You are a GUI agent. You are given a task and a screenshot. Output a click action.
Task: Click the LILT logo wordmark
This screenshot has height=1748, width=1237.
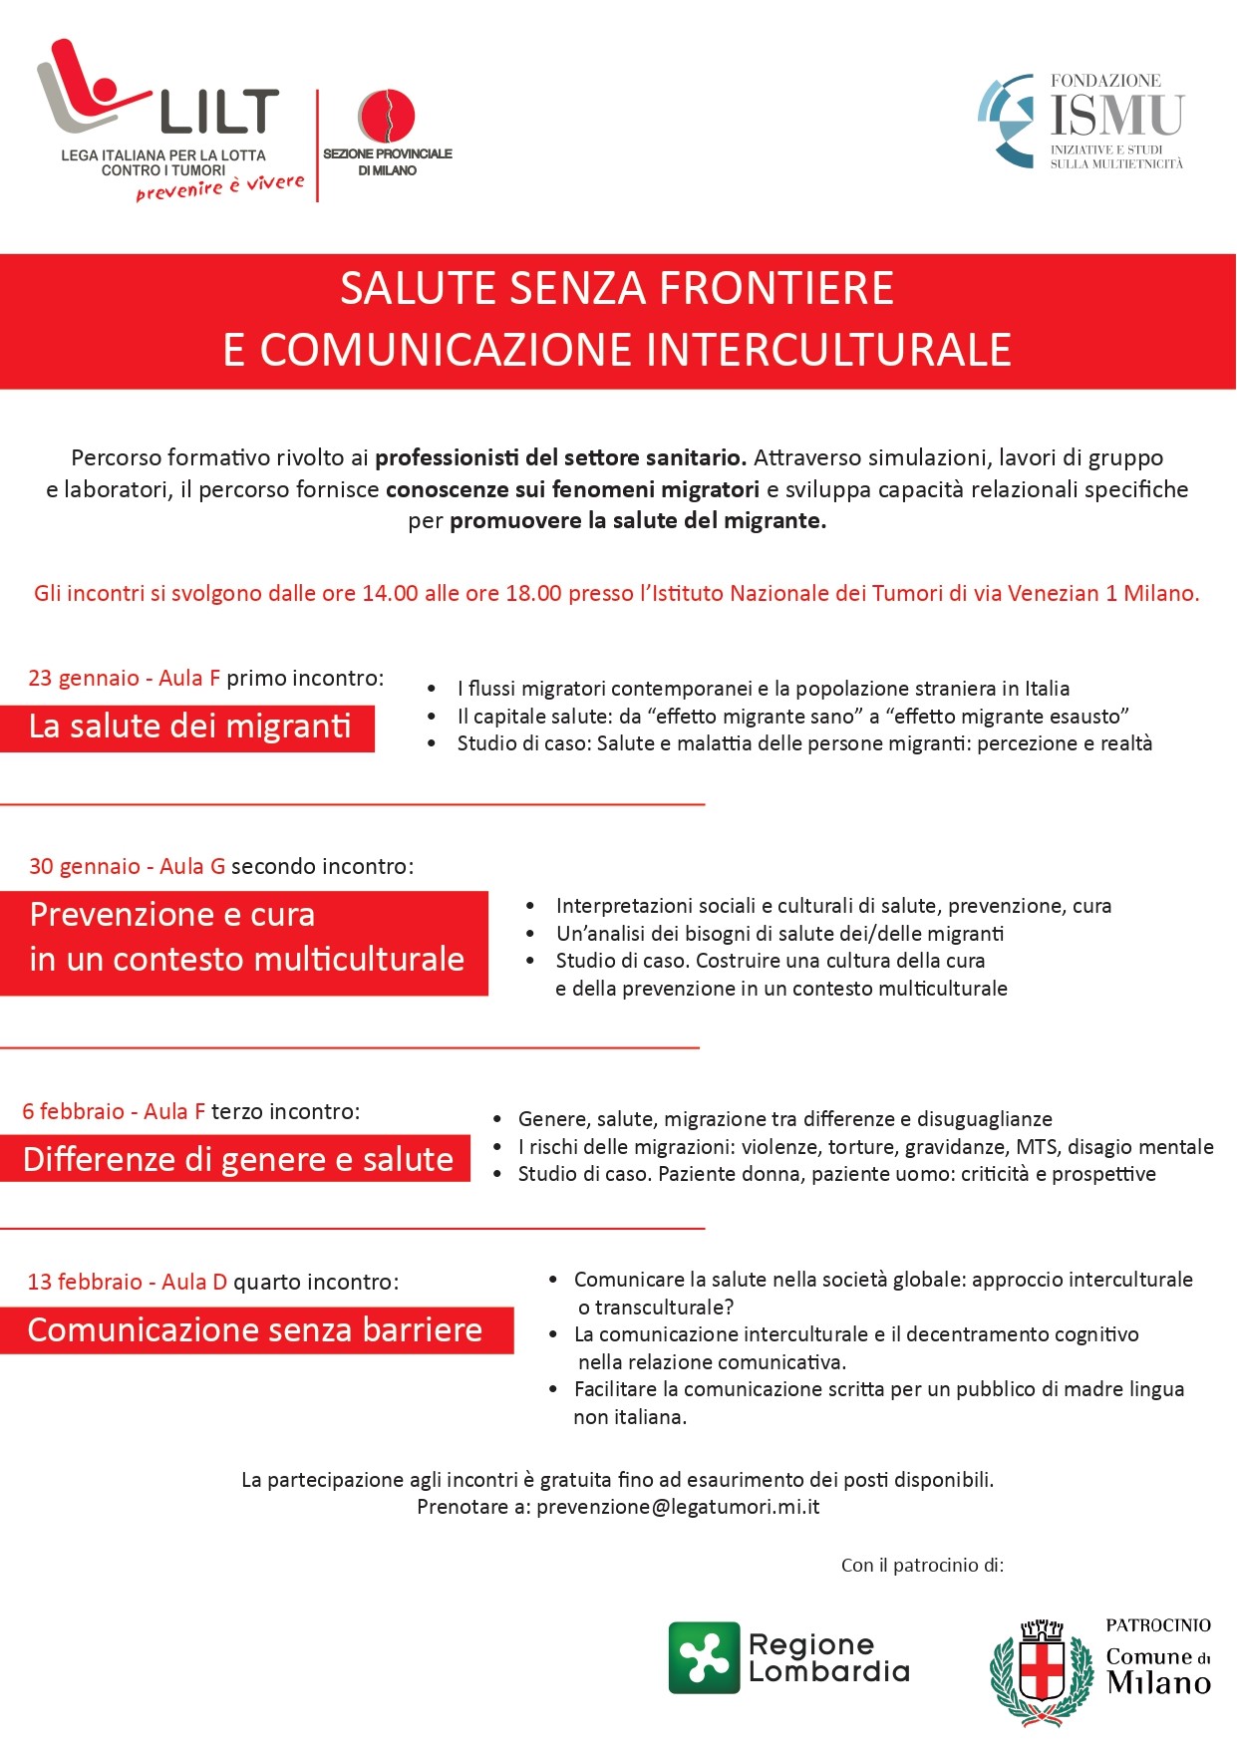[x=219, y=111]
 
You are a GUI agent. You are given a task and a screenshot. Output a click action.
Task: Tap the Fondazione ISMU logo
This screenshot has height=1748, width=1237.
[x=1082, y=121]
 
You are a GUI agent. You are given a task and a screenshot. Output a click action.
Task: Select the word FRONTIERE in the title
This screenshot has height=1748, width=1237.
[x=776, y=289]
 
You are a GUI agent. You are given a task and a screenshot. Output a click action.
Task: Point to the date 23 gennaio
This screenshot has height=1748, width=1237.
[x=84, y=679]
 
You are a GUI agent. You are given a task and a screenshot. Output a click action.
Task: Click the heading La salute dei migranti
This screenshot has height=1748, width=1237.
[x=189, y=727]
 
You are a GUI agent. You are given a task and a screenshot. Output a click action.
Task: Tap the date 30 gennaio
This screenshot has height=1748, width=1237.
[x=85, y=867]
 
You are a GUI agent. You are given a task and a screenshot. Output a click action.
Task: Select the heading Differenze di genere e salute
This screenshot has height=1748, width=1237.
[x=237, y=1160]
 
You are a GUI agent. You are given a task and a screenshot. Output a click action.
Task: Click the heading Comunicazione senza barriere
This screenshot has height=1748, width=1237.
[x=255, y=1330]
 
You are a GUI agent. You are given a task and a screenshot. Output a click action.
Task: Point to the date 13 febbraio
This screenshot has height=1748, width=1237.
[x=85, y=1283]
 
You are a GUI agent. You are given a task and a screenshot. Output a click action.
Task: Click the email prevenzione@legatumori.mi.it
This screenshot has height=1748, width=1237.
[x=678, y=1507]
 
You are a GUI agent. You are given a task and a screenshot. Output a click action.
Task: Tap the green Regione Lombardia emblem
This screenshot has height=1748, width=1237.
[x=704, y=1657]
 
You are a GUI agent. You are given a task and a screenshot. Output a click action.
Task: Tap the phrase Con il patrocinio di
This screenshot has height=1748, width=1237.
[x=922, y=1566]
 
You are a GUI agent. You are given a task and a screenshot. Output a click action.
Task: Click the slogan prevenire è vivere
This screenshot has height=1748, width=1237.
[x=220, y=187]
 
